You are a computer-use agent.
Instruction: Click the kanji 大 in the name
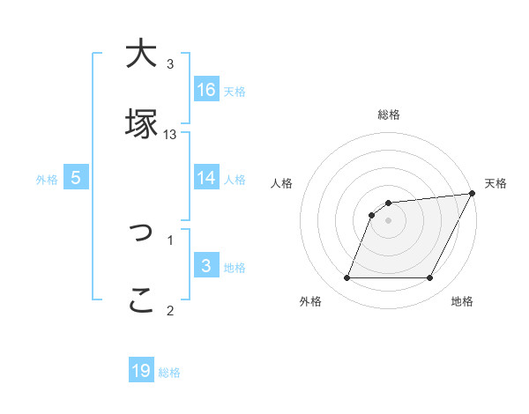[x=140, y=55]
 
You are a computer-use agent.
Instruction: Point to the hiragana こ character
[x=140, y=300]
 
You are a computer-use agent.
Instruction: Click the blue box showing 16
[x=206, y=89]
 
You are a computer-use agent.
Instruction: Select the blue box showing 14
[x=206, y=177]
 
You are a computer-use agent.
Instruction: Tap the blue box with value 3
[x=206, y=265]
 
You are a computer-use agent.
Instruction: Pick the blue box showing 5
[x=76, y=178]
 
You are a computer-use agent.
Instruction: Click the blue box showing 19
[x=141, y=371]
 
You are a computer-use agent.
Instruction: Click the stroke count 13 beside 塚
[x=170, y=134]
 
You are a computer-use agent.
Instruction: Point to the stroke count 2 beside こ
[x=170, y=309]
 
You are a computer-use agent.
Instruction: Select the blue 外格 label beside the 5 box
[x=47, y=180]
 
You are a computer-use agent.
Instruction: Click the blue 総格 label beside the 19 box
[x=169, y=373]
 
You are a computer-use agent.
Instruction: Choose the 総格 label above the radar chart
[x=389, y=115]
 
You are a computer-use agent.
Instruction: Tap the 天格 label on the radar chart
[x=495, y=183]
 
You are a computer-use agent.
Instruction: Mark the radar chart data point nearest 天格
[x=473, y=194]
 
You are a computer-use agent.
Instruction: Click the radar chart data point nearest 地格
[x=430, y=278]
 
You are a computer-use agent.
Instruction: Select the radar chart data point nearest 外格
[x=346, y=278]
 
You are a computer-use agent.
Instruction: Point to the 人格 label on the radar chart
[x=282, y=183]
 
